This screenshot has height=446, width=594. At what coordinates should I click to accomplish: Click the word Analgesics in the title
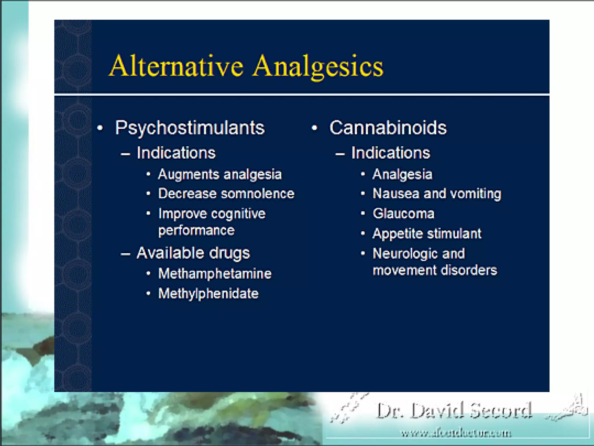coord(318,67)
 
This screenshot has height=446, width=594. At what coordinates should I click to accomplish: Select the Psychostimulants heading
coord(190,127)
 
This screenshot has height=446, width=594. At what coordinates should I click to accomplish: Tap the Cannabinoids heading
coord(388,127)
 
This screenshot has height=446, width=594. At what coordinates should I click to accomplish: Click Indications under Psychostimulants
coord(176,153)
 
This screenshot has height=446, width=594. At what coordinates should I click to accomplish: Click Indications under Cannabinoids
coord(391,153)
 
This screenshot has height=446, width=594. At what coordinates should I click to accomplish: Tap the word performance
coord(196,231)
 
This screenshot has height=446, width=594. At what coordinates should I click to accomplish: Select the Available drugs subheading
coord(193,253)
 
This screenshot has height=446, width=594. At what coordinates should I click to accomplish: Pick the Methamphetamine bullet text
coord(215,274)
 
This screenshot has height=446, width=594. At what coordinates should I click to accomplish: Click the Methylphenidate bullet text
coord(208,294)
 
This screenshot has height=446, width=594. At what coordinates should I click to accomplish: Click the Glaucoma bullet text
coord(403,214)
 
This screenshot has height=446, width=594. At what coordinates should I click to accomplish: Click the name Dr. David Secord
coord(454,411)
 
